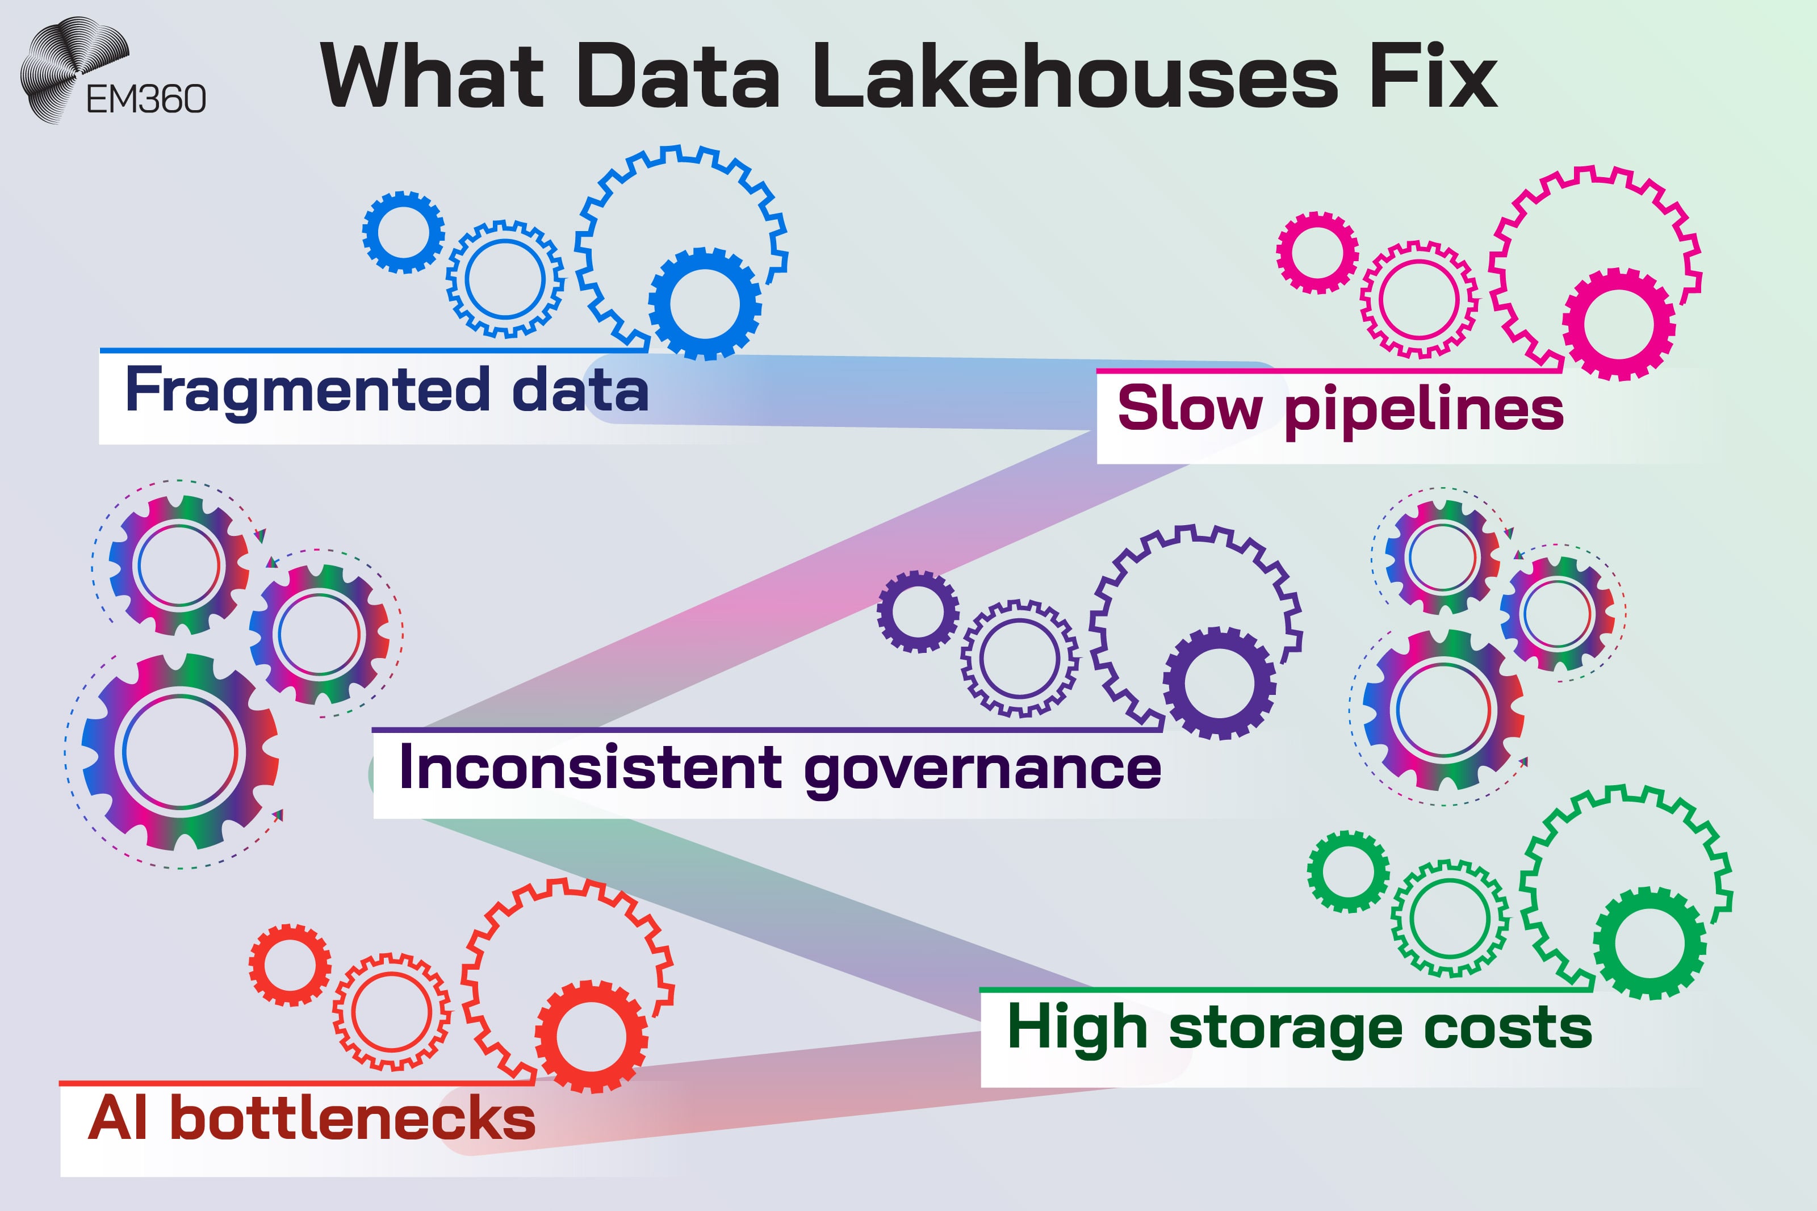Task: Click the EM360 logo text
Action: pyautogui.click(x=146, y=99)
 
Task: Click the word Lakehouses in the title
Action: pyautogui.click(x=1075, y=77)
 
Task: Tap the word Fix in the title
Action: pyautogui.click(x=1433, y=77)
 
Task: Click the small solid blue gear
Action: pyautogui.click(x=403, y=232)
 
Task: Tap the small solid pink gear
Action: pyautogui.click(x=1317, y=253)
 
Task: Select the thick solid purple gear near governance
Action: pyautogui.click(x=1219, y=682)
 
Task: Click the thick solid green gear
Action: pyautogui.click(x=1649, y=943)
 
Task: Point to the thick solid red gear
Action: pyautogui.click(x=592, y=1037)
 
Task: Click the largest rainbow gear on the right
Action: pyautogui.click(x=1443, y=710)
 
